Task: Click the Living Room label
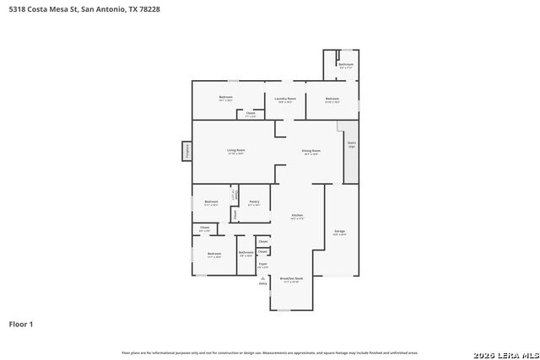(x=235, y=151)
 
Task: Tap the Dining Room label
(x=311, y=151)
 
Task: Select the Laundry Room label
(x=285, y=99)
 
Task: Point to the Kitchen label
(x=297, y=215)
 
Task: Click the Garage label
(x=340, y=231)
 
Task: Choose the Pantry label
(x=254, y=201)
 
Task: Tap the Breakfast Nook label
(x=291, y=277)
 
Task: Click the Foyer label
(x=262, y=265)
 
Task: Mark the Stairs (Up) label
(x=351, y=144)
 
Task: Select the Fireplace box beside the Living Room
(x=186, y=151)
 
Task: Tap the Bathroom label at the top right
(x=345, y=64)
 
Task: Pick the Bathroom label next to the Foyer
(x=246, y=253)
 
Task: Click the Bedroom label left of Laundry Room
(x=226, y=98)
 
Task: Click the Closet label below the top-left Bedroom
(x=251, y=113)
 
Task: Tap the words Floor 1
(x=21, y=324)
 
